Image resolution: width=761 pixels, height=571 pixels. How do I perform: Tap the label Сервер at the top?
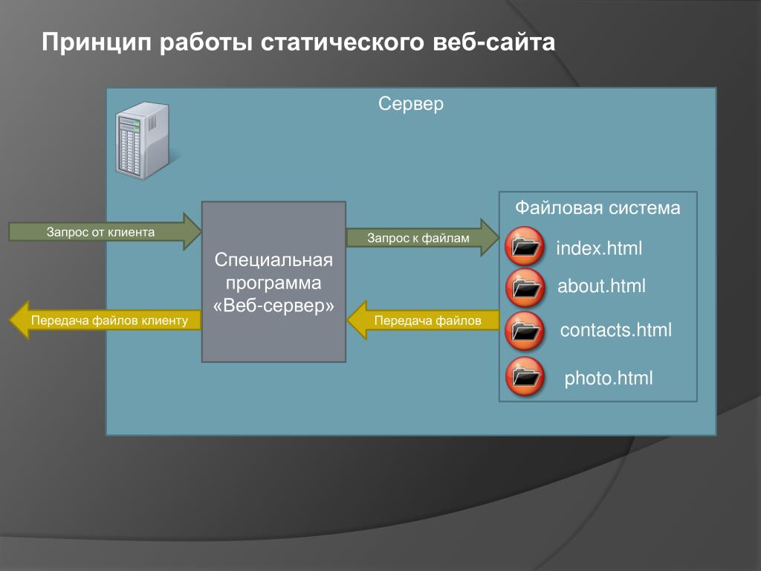coord(411,103)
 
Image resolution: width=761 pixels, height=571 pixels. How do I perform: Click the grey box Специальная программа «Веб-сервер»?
coord(273,282)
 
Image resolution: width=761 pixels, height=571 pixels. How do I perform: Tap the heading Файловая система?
coord(598,207)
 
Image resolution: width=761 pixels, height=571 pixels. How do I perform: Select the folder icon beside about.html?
coord(525,288)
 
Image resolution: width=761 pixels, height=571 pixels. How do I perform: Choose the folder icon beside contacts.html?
coord(525,330)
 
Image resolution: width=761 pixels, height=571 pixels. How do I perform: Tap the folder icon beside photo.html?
coord(525,376)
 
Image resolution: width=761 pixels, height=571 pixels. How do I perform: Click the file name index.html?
coord(599,248)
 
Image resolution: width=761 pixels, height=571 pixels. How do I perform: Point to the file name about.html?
coord(602,286)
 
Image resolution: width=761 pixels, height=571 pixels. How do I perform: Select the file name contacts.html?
coord(615,330)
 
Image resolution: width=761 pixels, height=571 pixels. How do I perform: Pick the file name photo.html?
coord(609,378)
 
